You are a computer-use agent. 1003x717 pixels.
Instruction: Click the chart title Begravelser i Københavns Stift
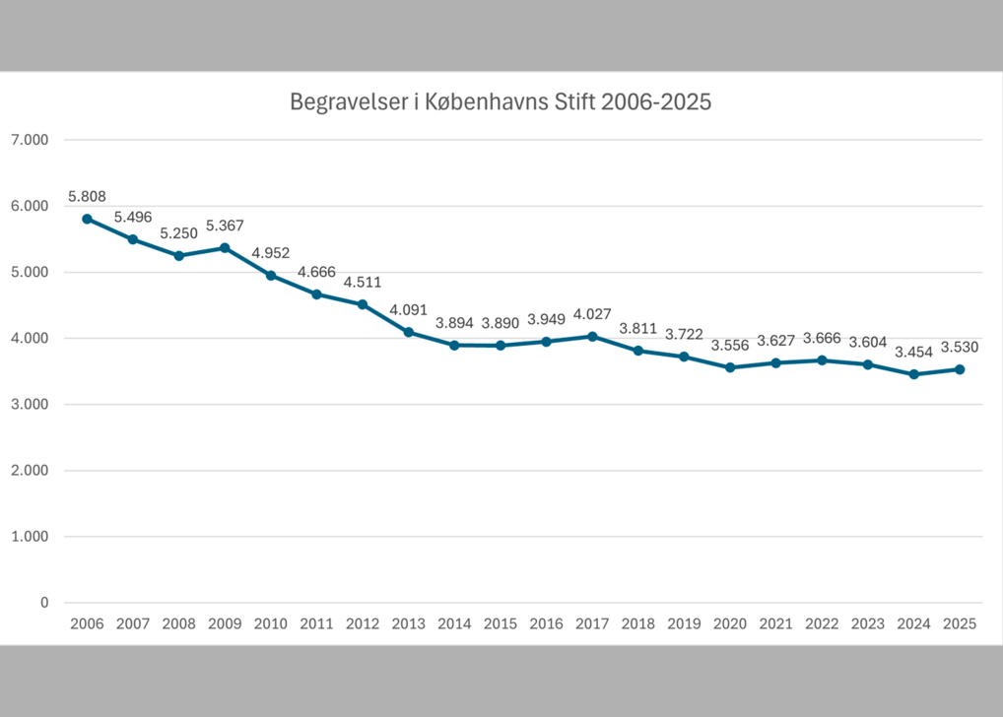[x=501, y=102]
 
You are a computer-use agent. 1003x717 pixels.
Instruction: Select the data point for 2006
[x=87, y=219]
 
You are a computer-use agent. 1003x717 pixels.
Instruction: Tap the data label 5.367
[x=225, y=225]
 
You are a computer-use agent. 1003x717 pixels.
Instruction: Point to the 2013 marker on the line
[x=408, y=332]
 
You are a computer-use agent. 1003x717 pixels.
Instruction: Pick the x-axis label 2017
[x=592, y=623]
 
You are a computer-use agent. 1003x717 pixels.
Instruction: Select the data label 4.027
[x=592, y=314]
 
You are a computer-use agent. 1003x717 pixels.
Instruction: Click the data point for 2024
[x=913, y=374]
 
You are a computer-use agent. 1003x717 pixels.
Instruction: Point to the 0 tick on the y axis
[x=43, y=603]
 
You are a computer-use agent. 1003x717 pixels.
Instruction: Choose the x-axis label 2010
[x=270, y=623]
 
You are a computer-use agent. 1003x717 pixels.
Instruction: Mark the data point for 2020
[x=730, y=367]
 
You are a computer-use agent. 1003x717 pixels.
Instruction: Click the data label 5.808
[x=87, y=196]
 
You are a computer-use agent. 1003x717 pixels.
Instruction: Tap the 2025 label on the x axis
[x=959, y=623]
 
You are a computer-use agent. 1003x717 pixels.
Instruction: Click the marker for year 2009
[x=225, y=248]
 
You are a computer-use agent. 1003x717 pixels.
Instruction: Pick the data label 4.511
[x=363, y=282]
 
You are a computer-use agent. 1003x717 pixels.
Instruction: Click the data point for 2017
[x=592, y=336]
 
